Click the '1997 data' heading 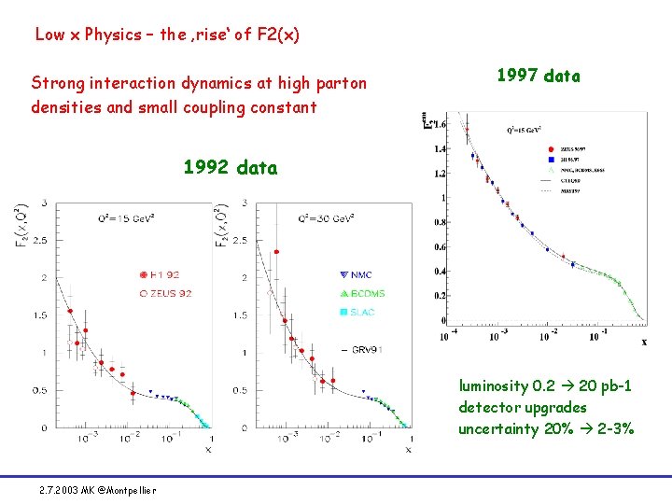pos(538,77)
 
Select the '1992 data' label pos(230,168)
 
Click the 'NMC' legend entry pos(358,274)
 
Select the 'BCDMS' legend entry pos(363,293)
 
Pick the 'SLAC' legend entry pos(359,312)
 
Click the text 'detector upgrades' pos(523,407)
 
